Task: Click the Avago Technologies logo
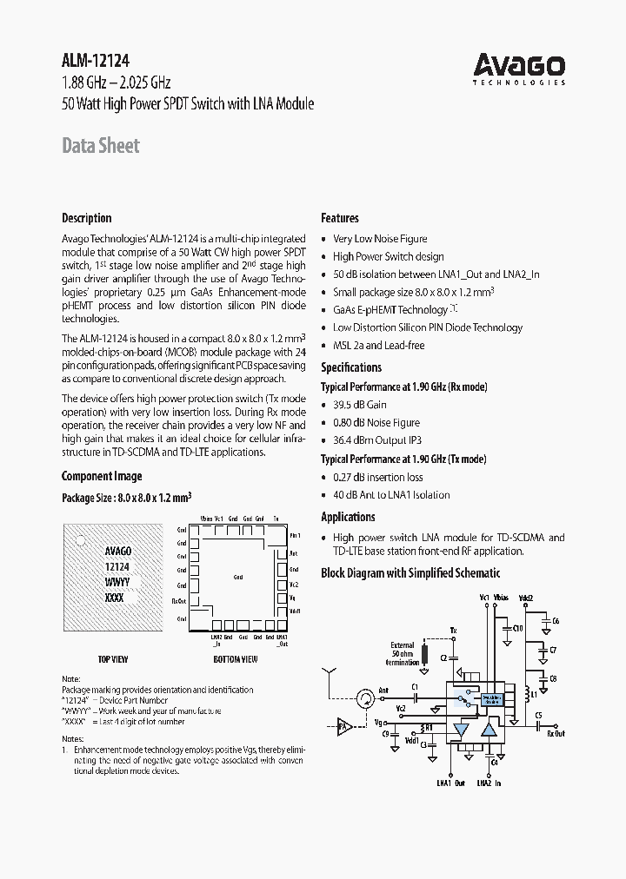point(519,69)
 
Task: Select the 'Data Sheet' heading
point(100,146)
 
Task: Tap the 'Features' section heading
point(340,218)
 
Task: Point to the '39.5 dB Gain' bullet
point(359,405)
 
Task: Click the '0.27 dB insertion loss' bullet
point(377,477)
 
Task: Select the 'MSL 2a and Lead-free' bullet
point(378,346)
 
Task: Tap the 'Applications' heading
point(348,517)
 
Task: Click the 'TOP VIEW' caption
point(112,659)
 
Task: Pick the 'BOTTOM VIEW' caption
point(235,659)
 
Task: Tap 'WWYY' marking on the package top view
point(117,582)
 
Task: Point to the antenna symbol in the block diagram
point(330,676)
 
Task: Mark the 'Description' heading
point(87,218)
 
